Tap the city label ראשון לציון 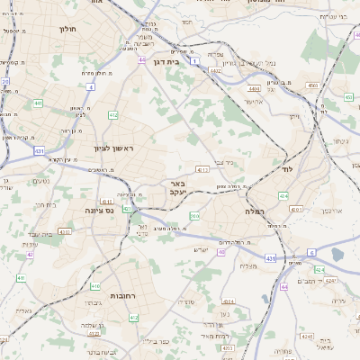pyautogui.click(x=113, y=148)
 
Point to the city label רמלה pyautogui.click(x=252, y=211)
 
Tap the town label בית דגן pyautogui.click(x=181, y=62)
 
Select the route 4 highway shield pyautogui.click(x=91, y=87)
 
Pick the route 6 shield pyautogui.click(x=311, y=252)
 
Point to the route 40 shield pyautogui.click(x=221, y=252)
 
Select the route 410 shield pyautogui.click(x=96, y=286)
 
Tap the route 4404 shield pyautogui.click(x=255, y=90)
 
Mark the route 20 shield pyautogui.click(x=5, y=82)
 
